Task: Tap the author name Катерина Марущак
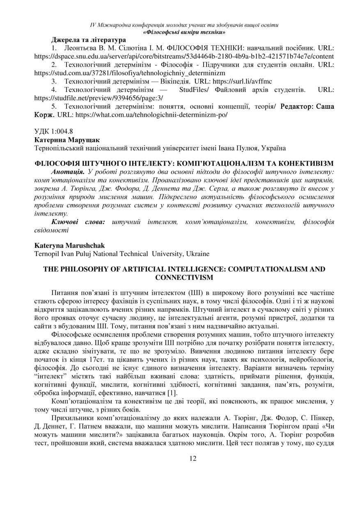click(x=67, y=140)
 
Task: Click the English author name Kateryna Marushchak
click(x=69, y=245)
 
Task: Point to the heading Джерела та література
click(x=88, y=40)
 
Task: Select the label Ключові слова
click(x=78, y=222)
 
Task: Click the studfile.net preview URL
click(x=99, y=98)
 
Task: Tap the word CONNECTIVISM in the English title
click(x=184, y=277)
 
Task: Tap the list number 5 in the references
click(x=54, y=106)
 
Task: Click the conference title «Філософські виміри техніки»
click(x=184, y=32)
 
